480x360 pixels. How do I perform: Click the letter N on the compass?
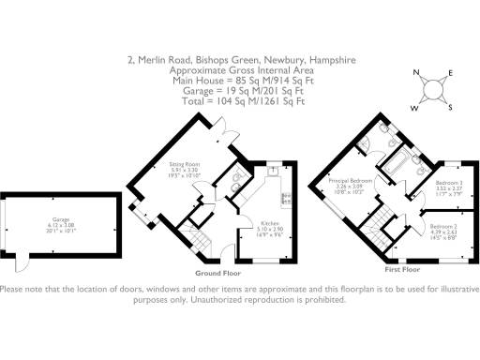[x=416, y=75]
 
